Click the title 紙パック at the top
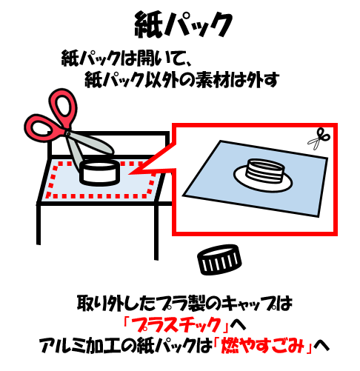click(183, 24)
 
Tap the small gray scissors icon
click(319, 138)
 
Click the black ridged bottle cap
click(219, 260)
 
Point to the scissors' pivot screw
click(68, 134)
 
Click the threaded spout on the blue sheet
click(265, 171)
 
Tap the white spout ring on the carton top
click(99, 173)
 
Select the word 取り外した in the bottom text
click(117, 304)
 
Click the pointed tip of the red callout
click(129, 174)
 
